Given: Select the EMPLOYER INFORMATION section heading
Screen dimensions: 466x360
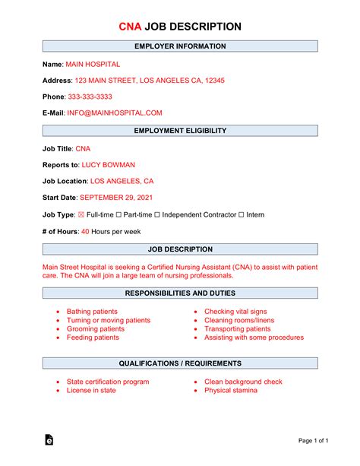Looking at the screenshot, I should point(180,46).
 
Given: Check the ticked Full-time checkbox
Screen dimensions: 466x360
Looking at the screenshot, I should point(81,215).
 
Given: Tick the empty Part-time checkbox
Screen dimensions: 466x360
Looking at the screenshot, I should point(119,215).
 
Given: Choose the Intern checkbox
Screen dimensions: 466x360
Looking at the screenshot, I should point(241,215).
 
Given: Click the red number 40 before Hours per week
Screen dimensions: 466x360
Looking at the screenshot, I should point(85,231).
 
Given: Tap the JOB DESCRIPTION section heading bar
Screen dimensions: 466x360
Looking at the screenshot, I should point(180,249).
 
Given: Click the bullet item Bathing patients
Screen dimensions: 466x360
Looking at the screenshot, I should point(92,312).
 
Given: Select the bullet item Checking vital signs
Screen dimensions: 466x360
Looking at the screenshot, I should point(235,312).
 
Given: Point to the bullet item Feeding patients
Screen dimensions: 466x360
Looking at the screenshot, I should point(93,338).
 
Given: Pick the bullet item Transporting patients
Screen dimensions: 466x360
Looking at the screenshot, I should point(237,329).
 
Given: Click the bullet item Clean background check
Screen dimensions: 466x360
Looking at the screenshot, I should point(243,382).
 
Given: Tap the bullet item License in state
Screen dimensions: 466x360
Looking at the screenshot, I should point(91,390).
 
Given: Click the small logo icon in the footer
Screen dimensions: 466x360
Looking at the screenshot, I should point(49,439).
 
